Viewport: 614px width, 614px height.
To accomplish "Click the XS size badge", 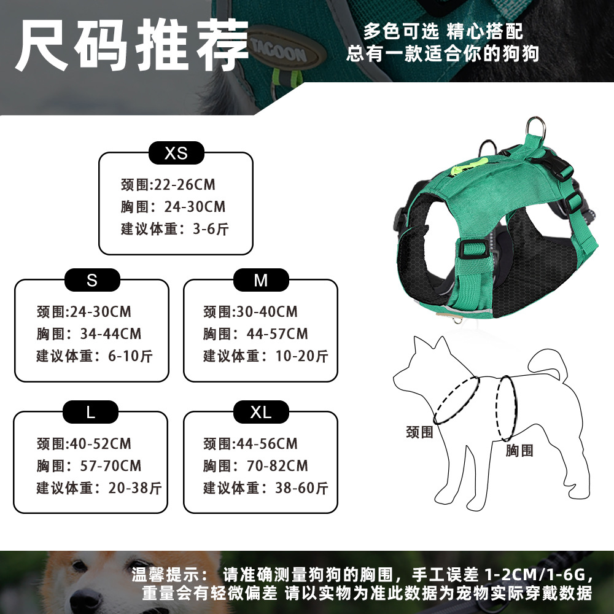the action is (176, 153).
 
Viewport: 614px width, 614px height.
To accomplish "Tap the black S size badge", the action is (92, 280).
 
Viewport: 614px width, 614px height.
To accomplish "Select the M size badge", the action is (261, 280).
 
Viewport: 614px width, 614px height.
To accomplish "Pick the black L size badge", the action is (90, 412).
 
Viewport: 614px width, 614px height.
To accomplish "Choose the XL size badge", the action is (261, 412).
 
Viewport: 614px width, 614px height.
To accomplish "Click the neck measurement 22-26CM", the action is (185, 184).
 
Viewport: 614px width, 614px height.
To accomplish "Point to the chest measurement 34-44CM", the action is (111, 333).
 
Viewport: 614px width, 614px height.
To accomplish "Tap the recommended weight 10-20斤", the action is (301, 356).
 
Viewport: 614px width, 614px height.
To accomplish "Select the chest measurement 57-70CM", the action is (111, 465).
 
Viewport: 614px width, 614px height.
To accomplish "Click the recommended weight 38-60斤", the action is (301, 488).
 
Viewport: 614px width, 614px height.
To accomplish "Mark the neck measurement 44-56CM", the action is (267, 444).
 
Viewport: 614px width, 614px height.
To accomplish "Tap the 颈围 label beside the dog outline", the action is (419, 432).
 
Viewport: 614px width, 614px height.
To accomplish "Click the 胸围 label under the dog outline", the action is (519, 450).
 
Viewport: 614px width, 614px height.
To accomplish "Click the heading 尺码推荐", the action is (132, 45).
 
